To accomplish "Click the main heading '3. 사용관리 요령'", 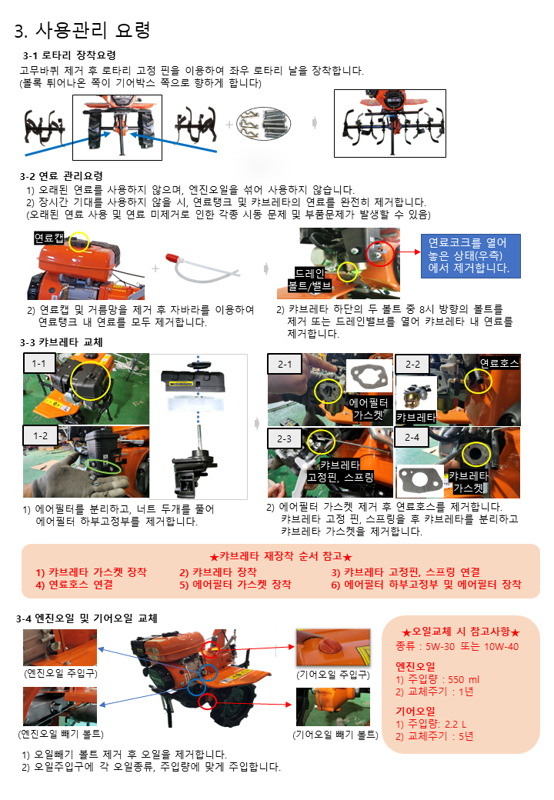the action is click(x=82, y=30).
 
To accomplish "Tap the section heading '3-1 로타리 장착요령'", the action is click(x=69, y=55).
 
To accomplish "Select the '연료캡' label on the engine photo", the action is click(x=49, y=238).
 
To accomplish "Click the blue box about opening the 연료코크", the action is click(x=470, y=255).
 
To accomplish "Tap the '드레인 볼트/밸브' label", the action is click(x=309, y=279).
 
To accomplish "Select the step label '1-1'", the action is click(x=38, y=363).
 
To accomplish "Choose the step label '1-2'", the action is click(x=40, y=435).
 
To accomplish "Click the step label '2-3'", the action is click(x=284, y=438).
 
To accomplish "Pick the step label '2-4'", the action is click(x=412, y=437).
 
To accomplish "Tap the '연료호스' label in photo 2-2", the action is click(x=499, y=363).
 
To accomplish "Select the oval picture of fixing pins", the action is click(x=264, y=124).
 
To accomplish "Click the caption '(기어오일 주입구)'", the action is click(x=333, y=675).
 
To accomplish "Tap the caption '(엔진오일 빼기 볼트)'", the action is click(x=61, y=734).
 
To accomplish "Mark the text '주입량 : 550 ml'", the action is click(x=443, y=679).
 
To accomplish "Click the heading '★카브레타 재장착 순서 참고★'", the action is click(x=281, y=556).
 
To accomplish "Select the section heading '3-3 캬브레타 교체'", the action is click(x=62, y=342).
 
